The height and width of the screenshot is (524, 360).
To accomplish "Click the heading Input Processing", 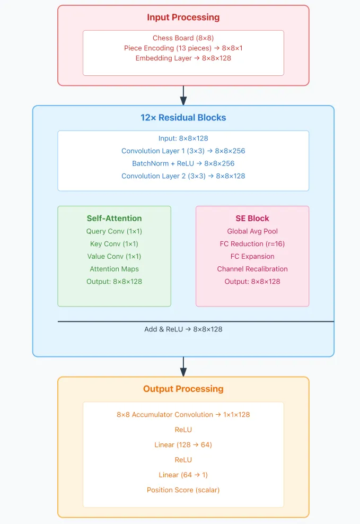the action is pos(183,18).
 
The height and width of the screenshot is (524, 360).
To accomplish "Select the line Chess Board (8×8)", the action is pos(183,38).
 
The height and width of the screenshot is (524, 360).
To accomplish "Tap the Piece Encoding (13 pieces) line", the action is pos(183,48).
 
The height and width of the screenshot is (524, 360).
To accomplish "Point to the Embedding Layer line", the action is pos(183,58).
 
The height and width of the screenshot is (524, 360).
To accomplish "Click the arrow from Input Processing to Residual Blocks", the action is pos(183,95).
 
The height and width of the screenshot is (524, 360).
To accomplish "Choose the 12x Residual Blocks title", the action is pos(183,118).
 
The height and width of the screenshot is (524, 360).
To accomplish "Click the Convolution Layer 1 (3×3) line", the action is pos(183,151).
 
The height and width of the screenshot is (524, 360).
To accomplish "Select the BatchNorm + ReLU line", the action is pos(183,163).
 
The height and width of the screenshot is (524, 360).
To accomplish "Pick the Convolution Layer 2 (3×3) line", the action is pos(183,176).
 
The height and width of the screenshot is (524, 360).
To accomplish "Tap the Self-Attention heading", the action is pos(114,218).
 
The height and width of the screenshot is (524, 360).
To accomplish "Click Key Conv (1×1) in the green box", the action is pos(114,243).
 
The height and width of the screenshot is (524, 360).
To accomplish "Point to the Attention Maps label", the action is pos(114,269).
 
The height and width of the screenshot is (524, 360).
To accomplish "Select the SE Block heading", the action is pos(252,218).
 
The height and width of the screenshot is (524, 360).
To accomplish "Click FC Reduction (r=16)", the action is pos(252,243).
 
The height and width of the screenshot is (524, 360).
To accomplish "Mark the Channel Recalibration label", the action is pos(252,269).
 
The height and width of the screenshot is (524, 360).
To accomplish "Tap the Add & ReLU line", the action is pos(183,329).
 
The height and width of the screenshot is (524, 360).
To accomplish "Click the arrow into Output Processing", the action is pos(183,366).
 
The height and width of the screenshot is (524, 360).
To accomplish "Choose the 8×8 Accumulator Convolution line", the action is pos(183,414).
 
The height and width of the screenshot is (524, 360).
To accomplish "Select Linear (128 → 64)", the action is pos(183,445).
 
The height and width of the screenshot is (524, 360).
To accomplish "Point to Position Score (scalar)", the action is pos(183,490).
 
